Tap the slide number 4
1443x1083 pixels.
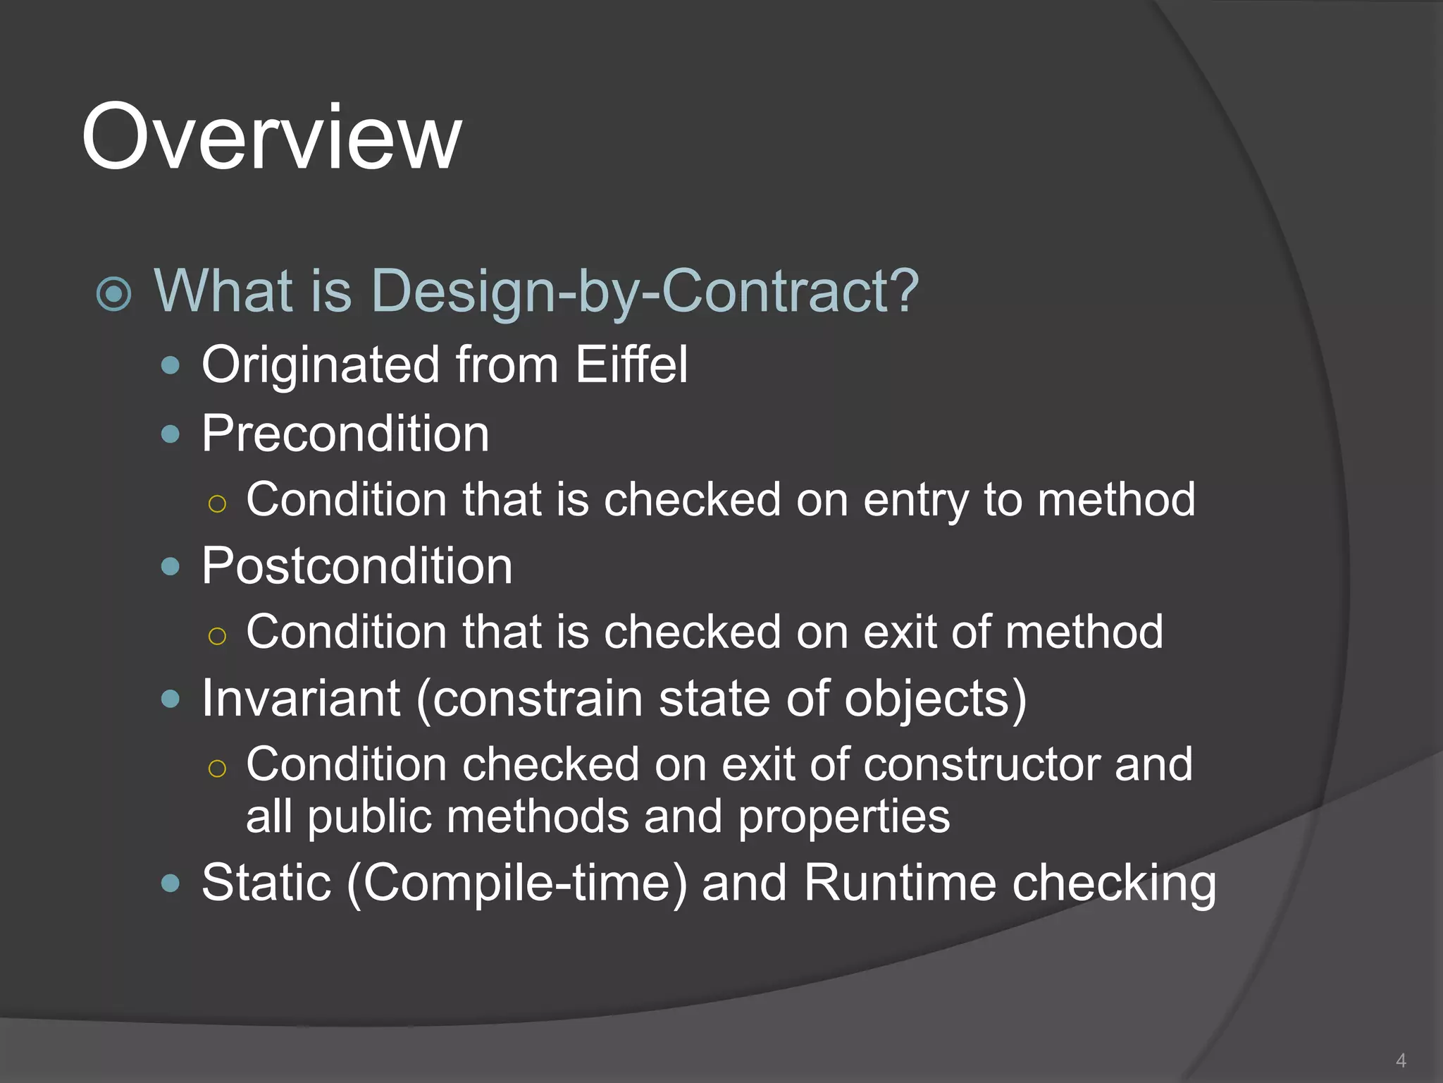pyautogui.click(x=1401, y=1060)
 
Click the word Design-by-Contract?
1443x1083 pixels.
pyautogui.click(x=645, y=291)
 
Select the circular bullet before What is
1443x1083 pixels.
pyautogui.click(x=114, y=294)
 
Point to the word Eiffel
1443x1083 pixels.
pyautogui.click(x=631, y=365)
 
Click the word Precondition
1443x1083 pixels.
pyautogui.click(x=345, y=434)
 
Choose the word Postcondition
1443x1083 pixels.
pyautogui.click(x=357, y=566)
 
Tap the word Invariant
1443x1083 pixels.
pyautogui.click(x=301, y=699)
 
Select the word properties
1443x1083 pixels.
pyautogui.click(x=843, y=818)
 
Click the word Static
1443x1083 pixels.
pyautogui.click(x=266, y=883)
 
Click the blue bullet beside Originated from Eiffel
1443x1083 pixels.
pyautogui.click(x=171, y=365)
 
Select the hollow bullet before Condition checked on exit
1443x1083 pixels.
pyautogui.click(x=217, y=769)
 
